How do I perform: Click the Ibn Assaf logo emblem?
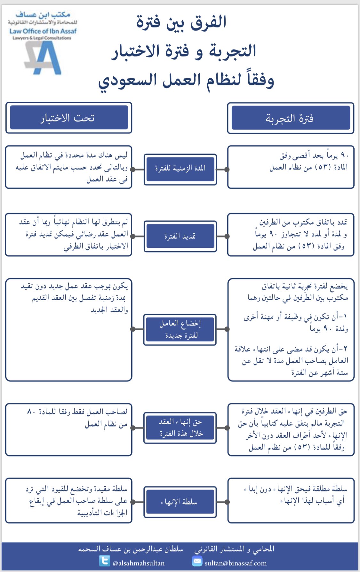coord(44,58)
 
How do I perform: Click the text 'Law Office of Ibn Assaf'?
coord(43,31)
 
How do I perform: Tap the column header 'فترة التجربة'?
coord(291,118)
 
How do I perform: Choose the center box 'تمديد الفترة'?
coord(180,236)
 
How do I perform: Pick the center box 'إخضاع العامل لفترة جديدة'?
coord(180,329)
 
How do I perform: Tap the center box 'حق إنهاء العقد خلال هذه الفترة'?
coord(180,428)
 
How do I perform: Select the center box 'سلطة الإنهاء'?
coord(180,502)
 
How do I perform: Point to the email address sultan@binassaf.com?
coord(236,563)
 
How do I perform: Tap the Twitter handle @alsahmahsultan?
coord(139,563)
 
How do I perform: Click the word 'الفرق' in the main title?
coord(208,22)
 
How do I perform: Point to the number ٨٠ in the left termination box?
coord(31,412)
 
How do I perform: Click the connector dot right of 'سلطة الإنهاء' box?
coord(227,502)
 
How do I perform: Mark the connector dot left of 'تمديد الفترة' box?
coord(133,236)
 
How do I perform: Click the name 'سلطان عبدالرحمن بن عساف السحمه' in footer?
coord(131,549)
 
